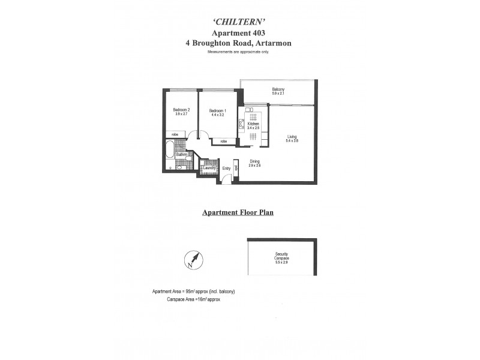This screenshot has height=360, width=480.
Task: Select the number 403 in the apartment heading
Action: (257, 34)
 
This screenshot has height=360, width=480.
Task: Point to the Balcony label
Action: (278, 89)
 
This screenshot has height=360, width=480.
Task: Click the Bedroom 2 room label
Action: (181, 110)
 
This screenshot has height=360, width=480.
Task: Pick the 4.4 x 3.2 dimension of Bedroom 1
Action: (217, 115)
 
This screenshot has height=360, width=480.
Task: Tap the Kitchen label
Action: (253, 124)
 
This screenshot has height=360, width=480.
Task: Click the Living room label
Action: (292, 136)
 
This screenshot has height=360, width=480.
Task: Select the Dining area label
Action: (254, 161)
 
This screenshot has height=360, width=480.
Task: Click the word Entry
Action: (226, 169)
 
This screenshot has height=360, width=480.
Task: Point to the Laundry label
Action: (209, 168)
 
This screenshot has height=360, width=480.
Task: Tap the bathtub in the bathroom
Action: (170, 150)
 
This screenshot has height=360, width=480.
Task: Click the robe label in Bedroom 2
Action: (175, 134)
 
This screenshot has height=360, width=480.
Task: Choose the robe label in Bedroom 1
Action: (223, 142)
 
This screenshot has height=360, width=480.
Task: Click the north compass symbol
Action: (194, 260)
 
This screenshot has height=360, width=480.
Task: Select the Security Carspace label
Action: (281, 254)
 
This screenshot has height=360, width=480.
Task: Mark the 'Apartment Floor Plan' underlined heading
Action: (238, 212)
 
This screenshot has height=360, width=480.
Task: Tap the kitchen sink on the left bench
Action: (241, 125)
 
